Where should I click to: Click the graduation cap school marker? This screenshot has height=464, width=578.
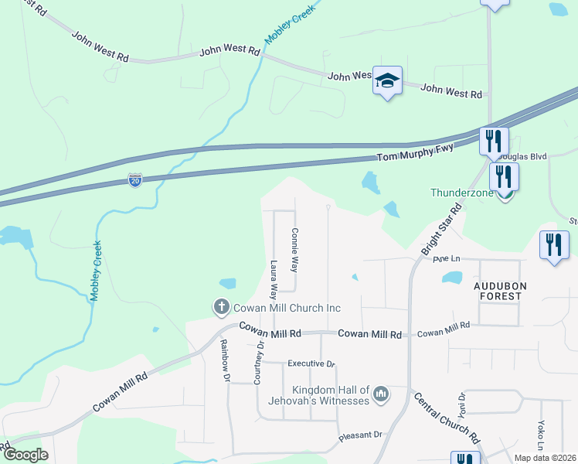coord(387,80)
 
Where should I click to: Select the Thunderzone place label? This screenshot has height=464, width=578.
coord(462,193)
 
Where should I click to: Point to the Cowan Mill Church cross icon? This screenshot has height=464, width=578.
coord(221,307)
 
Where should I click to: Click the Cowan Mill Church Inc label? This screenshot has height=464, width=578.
coord(287,308)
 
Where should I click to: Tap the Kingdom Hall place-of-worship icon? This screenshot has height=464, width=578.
coord(379,396)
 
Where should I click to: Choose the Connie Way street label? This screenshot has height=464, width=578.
coord(294,249)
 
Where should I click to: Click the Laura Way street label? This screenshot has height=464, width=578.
coord(274,280)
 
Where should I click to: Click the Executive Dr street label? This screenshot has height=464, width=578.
coord(311,363)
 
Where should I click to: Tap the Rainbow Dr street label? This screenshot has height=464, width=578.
coord(225,361)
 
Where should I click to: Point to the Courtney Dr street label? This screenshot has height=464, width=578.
coord(259,363)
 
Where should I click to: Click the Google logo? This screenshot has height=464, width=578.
coord(25,455)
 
